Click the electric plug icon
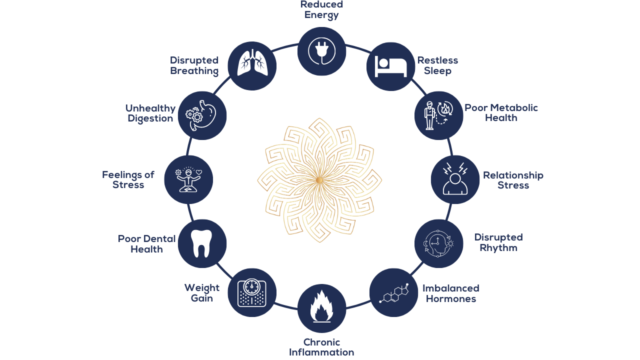pyautogui.click(x=321, y=51)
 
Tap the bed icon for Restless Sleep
pyautogui.click(x=391, y=66)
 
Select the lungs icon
pyautogui.click(x=252, y=65)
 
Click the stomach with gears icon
pyautogui.click(x=202, y=115)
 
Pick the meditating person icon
pyautogui.click(x=188, y=179)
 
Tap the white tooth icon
pyautogui.click(x=202, y=243)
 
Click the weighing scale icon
pyautogui.click(x=252, y=293)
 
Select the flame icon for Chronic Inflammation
pyautogui.click(x=321, y=308)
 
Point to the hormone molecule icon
pyautogui.click(x=393, y=293)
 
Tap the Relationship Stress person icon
pyautogui.click(x=455, y=179)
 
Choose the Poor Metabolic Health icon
pyautogui.click(x=439, y=115)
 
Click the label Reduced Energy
pyautogui.click(x=321, y=9)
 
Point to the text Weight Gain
pyautogui.click(x=202, y=293)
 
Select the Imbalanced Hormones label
pyautogui.click(x=450, y=293)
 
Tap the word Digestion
pyautogui.click(x=150, y=119)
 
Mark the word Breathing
pyautogui.click(x=194, y=71)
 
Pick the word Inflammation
pyautogui.click(x=321, y=352)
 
